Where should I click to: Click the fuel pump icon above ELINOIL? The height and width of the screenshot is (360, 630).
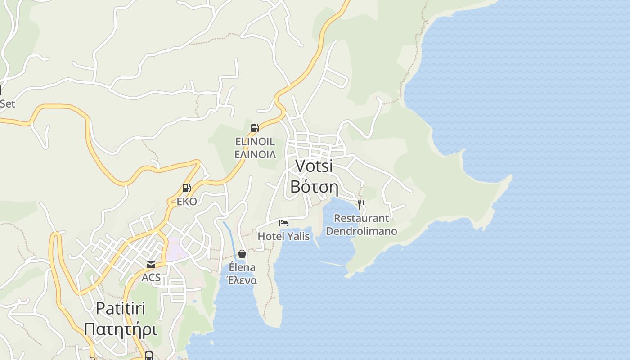pyautogui.click(x=255, y=128)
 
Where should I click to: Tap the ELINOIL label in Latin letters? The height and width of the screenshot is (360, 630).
pyautogui.click(x=255, y=141)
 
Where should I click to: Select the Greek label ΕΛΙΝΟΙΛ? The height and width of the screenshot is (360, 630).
pyautogui.click(x=255, y=154)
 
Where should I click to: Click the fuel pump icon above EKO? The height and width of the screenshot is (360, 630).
pyautogui.click(x=186, y=188)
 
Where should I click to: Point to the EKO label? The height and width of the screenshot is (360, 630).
pyautogui.click(x=187, y=201)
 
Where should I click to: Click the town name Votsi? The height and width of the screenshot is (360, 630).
pyautogui.click(x=314, y=166)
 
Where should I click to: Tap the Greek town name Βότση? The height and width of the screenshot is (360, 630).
pyautogui.click(x=314, y=186)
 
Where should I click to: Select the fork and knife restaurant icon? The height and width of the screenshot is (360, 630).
pyautogui.click(x=361, y=205)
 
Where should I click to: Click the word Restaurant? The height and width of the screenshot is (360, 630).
pyautogui.click(x=361, y=218)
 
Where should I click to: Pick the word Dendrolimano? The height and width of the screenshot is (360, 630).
pyautogui.click(x=361, y=231)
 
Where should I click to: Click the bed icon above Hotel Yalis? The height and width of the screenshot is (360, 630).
pyautogui.click(x=283, y=223)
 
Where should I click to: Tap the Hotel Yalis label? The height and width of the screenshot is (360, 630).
pyautogui.click(x=283, y=236)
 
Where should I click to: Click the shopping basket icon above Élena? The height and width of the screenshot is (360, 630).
pyautogui.click(x=242, y=254)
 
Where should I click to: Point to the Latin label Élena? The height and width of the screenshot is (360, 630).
pyautogui.click(x=242, y=267)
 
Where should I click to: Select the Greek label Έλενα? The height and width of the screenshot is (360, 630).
pyautogui.click(x=242, y=280)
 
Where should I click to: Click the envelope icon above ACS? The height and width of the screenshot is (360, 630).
pyautogui.click(x=151, y=264)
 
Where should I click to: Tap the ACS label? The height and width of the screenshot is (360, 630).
pyautogui.click(x=151, y=277)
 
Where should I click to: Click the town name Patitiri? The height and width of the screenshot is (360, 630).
pyautogui.click(x=121, y=309)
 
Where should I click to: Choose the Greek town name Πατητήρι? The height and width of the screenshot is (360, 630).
pyautogui.click(x=121, y=329)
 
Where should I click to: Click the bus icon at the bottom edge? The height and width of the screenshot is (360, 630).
pyautogui.click(x=149, y=356)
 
